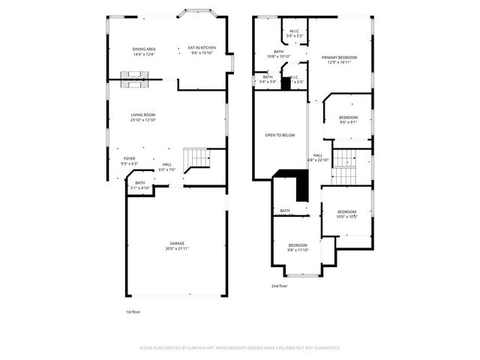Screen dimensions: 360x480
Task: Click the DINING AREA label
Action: click(x=143, y=49)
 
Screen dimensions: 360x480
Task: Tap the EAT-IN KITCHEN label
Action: click(x=202, y=48)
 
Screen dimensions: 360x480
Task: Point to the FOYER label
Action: click(x=130, y=158)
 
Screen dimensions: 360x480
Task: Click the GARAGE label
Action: click(x=177, y=243)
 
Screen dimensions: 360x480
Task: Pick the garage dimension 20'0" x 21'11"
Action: click(x=177, y=248)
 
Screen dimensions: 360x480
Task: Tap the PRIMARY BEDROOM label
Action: click(x=339, y=57)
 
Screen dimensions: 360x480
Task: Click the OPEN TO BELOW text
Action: click(x=280, y=135)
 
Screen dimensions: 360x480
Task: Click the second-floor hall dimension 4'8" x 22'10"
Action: click(x=319, y=160)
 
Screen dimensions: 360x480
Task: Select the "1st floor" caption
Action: click(x=133, y=311)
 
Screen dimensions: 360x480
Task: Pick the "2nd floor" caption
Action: click(x=280, y=286)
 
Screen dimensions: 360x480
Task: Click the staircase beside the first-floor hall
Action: click(x=197, y=157)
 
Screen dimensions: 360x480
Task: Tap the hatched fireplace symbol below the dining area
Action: click(x=135, y=79)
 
